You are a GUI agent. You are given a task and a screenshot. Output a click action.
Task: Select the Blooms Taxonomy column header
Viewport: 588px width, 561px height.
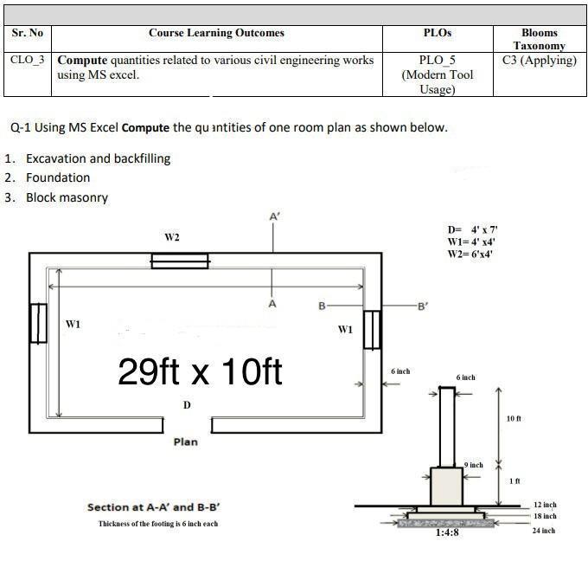click(x=540, y=39)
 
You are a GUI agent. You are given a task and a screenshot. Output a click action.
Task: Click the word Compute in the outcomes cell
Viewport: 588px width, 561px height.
click(x=82, y=60)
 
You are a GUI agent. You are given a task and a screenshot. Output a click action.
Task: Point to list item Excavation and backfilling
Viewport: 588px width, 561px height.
click(x=99, y=158)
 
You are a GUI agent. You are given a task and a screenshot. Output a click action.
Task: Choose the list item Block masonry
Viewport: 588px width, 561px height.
click(x=67, y=197)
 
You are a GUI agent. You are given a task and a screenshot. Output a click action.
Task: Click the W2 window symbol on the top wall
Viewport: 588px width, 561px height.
click(x=180, y=261)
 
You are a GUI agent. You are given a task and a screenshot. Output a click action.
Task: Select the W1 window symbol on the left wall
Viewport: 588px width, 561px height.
click(x=38, y=323)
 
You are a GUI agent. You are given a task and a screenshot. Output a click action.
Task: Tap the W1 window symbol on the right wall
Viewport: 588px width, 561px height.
click(x=372, y=330)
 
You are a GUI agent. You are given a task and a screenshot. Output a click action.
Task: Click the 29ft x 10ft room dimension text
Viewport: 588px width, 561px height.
click(x=200, y=371)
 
